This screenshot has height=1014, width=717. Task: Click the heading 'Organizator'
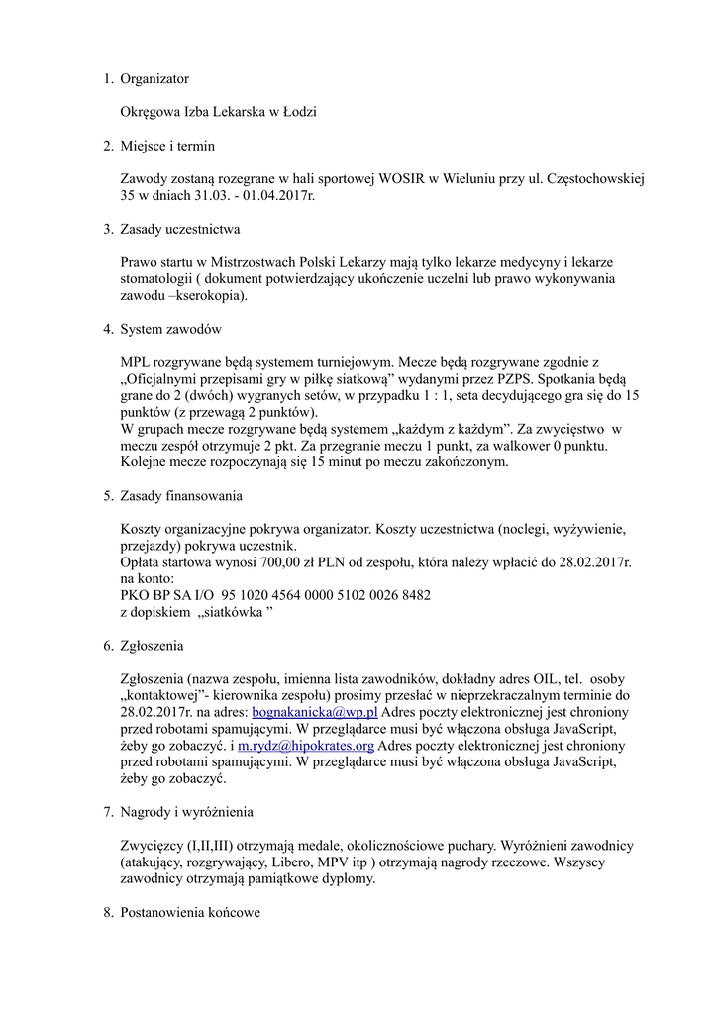(x=154, y=78)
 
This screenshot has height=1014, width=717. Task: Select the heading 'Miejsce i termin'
(x=167, y=146)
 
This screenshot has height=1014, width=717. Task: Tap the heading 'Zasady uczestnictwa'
(x=180, y=230)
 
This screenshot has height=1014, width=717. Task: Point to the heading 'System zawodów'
(x=169, y=329)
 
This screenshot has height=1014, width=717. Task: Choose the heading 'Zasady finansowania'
(x=181, y=495)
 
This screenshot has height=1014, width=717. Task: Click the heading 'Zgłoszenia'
(x=152, y=646)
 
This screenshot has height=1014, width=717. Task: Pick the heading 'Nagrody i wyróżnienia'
(x=186, y=812)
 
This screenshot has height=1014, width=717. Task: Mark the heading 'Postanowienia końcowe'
(x=190, y=912)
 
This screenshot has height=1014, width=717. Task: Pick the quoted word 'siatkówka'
(x=226, y=612)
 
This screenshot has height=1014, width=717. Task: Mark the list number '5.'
(x=109, y=495)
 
